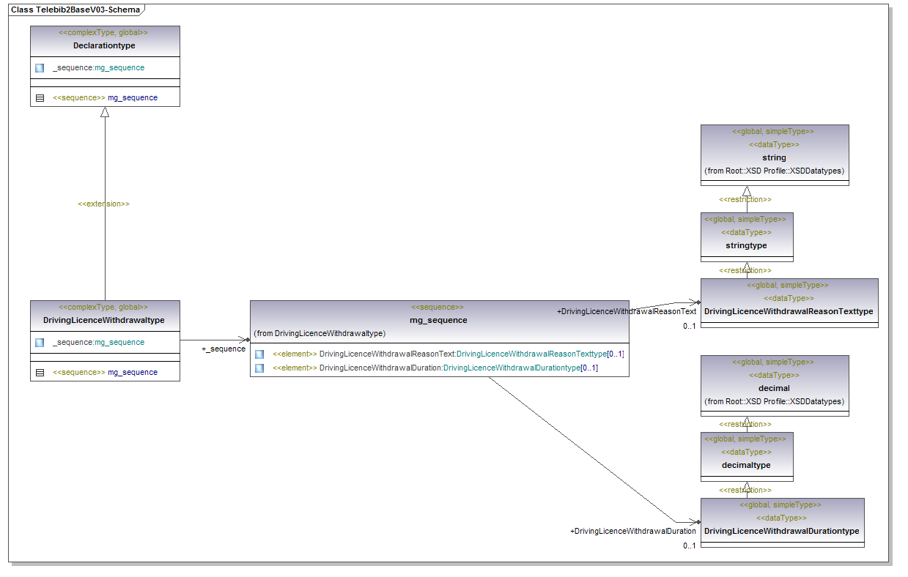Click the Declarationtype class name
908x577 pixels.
104,45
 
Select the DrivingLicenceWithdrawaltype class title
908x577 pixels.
104,320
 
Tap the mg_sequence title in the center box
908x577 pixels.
438,320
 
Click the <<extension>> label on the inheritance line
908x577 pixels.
103,204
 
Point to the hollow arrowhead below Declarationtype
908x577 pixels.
105,112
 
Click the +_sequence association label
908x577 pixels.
224,349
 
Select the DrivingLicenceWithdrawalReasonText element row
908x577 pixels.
448,354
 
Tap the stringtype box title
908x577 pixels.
746,245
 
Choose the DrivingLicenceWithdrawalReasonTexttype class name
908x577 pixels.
789,311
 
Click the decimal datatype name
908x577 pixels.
774,388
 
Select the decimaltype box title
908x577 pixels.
746,465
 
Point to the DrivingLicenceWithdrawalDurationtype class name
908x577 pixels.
782,531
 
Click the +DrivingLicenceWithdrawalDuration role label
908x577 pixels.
632,531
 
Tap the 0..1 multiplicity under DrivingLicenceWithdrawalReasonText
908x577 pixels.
689,326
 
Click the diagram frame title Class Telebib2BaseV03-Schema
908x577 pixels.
75,10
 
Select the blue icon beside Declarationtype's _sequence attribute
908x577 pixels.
40,68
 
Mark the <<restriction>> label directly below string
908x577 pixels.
745,199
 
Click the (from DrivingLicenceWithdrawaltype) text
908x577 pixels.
320,333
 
